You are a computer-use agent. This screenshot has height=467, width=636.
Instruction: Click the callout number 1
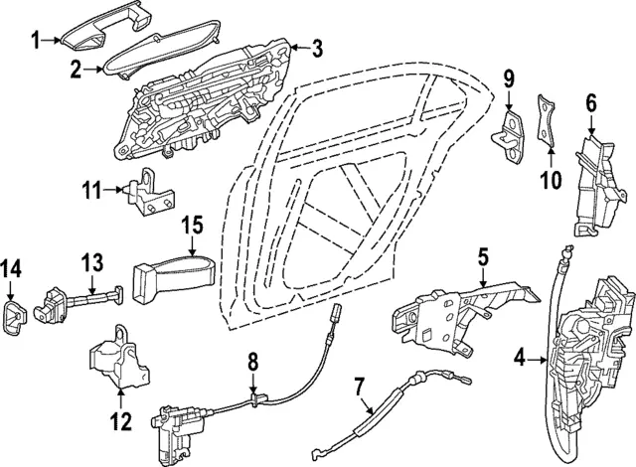[36, 41]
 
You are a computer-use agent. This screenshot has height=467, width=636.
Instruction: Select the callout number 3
[318, 47]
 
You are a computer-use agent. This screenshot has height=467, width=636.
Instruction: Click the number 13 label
[91, 262]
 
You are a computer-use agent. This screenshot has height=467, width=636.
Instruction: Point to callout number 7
[359, 387]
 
